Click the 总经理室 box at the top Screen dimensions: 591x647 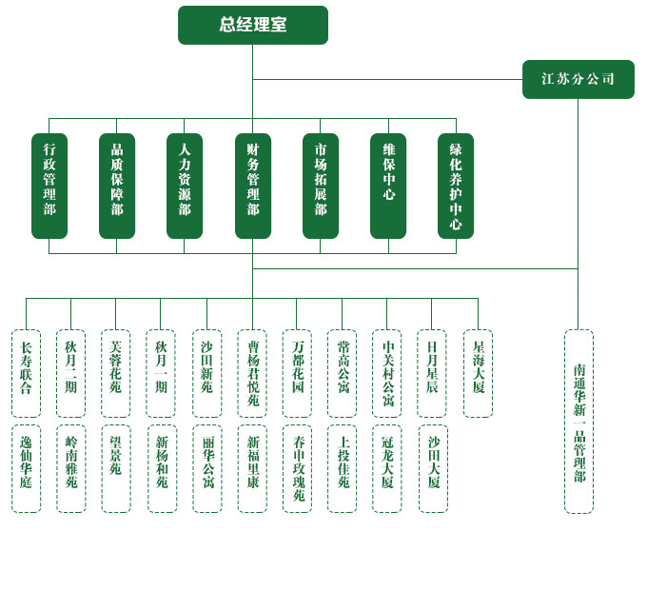tap(252, 25)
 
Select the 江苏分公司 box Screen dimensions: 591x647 tap(578, 79)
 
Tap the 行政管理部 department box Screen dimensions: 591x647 tap(49, 186)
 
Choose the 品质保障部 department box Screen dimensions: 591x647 tap(117, 186)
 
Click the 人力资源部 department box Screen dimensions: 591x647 tap(185, 186)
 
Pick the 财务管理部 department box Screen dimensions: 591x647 tap(252, 186)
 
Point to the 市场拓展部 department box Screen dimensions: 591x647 tap(321, 186)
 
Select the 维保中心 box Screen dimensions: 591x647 tap(388, 186)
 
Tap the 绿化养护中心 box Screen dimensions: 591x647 tap(456, 186)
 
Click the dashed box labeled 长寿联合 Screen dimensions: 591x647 tap(26, 373)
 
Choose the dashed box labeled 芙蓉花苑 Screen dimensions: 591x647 tap(115, 373)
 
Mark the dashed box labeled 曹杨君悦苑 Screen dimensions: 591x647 tap(252, 373)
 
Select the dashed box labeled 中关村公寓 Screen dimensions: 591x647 tap(387, 373)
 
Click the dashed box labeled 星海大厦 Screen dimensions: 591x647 tap(478, 373)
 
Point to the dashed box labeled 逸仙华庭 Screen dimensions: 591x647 tap(26, 468)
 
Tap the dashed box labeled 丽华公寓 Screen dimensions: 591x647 tap(207, 468)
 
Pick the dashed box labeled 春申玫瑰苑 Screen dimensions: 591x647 tap(298, 468)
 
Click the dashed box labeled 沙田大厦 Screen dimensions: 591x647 tap(433, 468)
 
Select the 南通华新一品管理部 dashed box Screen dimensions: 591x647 tap(578, 422)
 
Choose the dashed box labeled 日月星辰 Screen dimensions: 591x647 tap(432, 373)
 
